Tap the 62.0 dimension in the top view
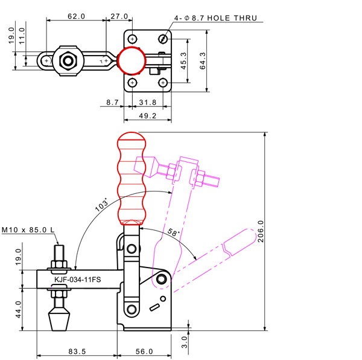click(x=76, y=16)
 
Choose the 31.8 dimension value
click(x=147, y=102)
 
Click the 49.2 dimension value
click(x=147, y=115)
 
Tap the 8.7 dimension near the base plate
click(x=112, y=102)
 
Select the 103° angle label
click(x=101, y=205)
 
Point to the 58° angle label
click(x=173, y=233)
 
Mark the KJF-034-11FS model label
click(x=77, y=280)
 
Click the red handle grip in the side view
click(x=133, y=178)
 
